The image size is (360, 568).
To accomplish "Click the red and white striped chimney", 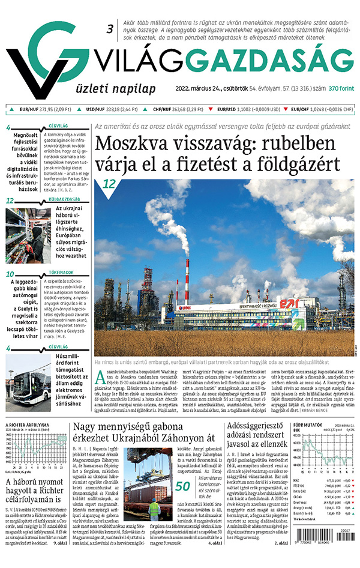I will (x=187, y=282).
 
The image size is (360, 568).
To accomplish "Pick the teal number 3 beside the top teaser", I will (x=110, y=28).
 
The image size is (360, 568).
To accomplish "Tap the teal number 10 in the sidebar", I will (x=10, y=275).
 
